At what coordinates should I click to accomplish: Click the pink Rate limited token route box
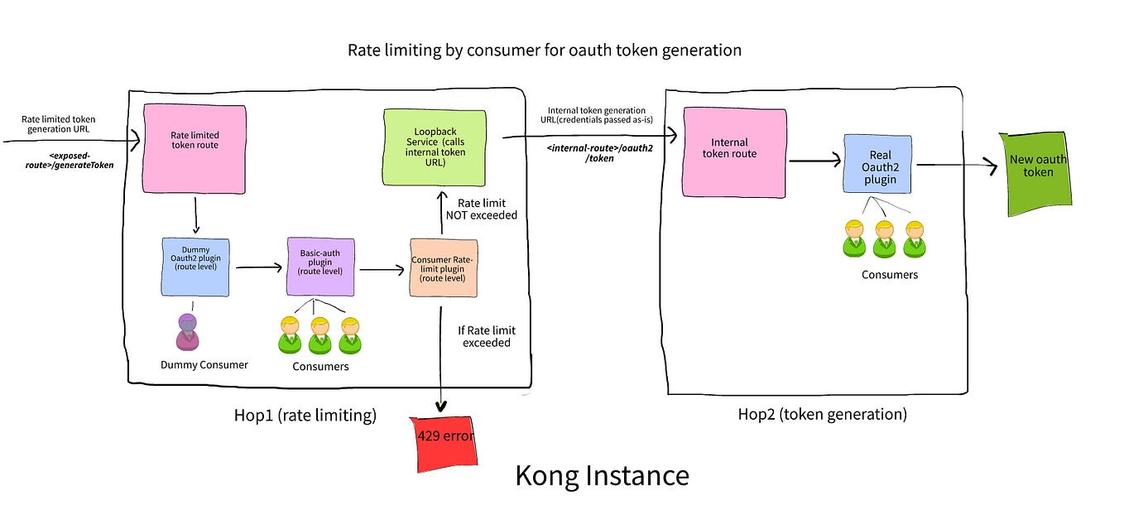[x=195, y=147]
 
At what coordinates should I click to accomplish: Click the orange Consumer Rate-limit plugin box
[x=443, y=267]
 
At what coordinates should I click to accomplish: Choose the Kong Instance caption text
[x=602, y=476]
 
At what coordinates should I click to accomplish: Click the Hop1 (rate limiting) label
[x=305, y=416]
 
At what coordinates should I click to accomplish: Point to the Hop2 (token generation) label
[x=822, y=413]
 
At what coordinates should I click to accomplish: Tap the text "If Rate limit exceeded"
[x=486, y=336]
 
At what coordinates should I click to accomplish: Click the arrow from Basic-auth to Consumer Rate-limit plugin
[x=382, y=269]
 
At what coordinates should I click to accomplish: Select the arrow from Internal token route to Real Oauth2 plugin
[x=814, y=161]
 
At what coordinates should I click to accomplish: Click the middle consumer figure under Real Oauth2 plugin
[x=884, y=238]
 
